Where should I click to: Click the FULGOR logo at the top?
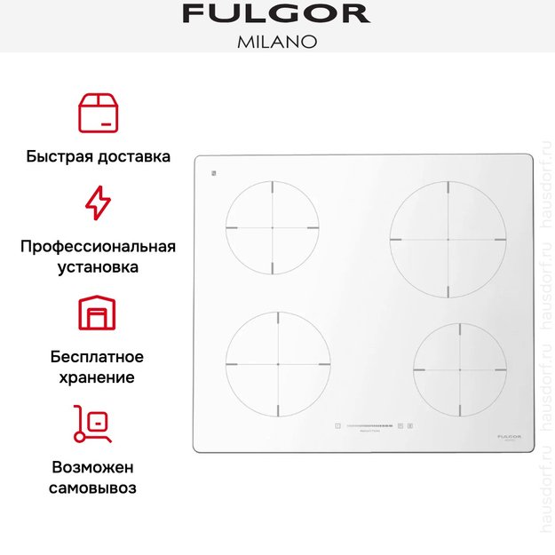tap(276, 14)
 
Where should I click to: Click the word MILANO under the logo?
tap(276, 41)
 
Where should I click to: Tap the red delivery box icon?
tap(98, 112)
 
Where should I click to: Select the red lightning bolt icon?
tap(98, 202)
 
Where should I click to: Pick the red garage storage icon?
tap(98, 313)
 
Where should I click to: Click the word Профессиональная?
tap(98, 246)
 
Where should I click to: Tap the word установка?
tap(98, 266)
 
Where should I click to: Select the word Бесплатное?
tap(98, 357)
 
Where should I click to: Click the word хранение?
tap(98, 377)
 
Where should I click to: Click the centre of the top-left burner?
tap(273, 228)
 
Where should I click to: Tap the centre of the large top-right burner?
tap(448, 240)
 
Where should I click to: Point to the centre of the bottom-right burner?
tap(460, 369)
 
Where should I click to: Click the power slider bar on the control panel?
tap(369, 426)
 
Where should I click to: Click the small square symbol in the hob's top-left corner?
tap(215, 172)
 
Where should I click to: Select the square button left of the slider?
tap(338, 426)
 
